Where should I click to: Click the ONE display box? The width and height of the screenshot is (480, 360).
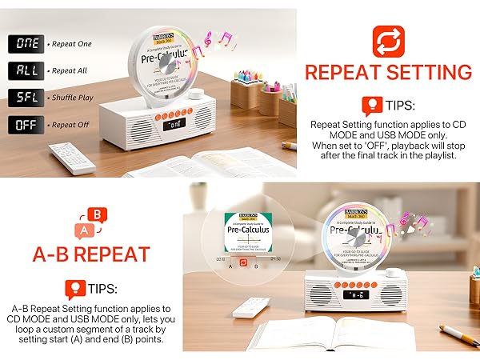26,44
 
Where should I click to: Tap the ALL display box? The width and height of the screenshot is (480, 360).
26,71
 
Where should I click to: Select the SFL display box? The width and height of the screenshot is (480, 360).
26,98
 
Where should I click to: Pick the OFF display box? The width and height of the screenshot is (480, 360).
26,126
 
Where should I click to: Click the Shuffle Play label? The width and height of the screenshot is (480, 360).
74,98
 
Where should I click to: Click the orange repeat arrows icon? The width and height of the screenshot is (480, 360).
388,41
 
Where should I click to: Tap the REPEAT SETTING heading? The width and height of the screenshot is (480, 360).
388,73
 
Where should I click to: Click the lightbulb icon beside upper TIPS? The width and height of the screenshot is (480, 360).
371,106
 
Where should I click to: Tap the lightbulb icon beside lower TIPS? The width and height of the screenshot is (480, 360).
73,288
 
